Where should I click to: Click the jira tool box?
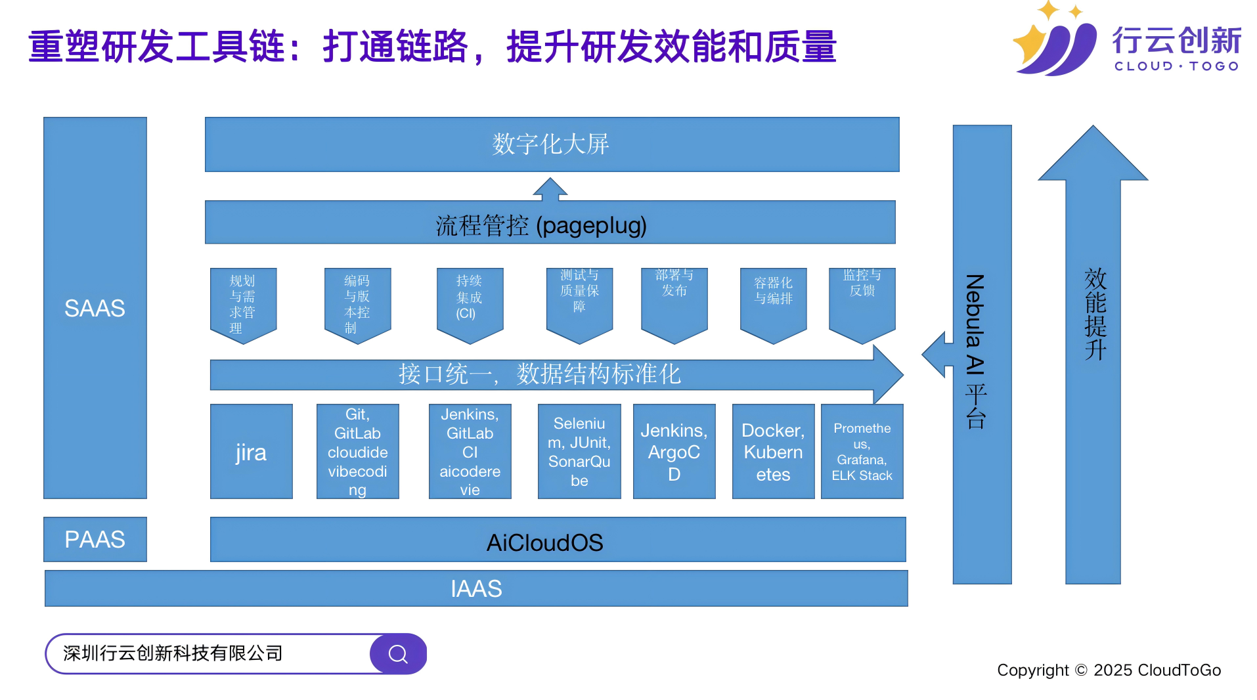click(x=251, y=451)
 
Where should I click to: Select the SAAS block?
click(x=95, y=307)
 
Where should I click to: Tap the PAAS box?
click(x=95, y=539)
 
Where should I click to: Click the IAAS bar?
click(x=475, y=588)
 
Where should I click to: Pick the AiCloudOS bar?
click(x=557, y=540)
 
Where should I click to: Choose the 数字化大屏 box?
click(x=551, y=144)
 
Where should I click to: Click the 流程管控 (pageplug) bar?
click(x=549, y=223)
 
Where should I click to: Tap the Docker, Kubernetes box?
click(x=772, y=451)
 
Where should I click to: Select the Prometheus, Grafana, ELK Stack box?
click(x=862, y=451)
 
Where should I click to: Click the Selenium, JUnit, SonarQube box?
click(x=579, y=451)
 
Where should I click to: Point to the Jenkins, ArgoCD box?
click(x=674, y=451)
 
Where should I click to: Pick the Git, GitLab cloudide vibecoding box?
click(x=357, y=451)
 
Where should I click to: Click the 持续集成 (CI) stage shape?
click(x=470, y=301)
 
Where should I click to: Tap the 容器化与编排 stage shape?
click(x=773, y=301)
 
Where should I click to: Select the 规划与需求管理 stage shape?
click(x=243, y=303)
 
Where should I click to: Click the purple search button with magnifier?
click(x=398, y=653)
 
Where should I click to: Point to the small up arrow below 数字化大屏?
click(x=550, y=188)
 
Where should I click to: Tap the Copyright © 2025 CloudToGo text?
click(x=1108, y=670)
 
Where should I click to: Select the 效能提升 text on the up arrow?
click(x=1095, y=313)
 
